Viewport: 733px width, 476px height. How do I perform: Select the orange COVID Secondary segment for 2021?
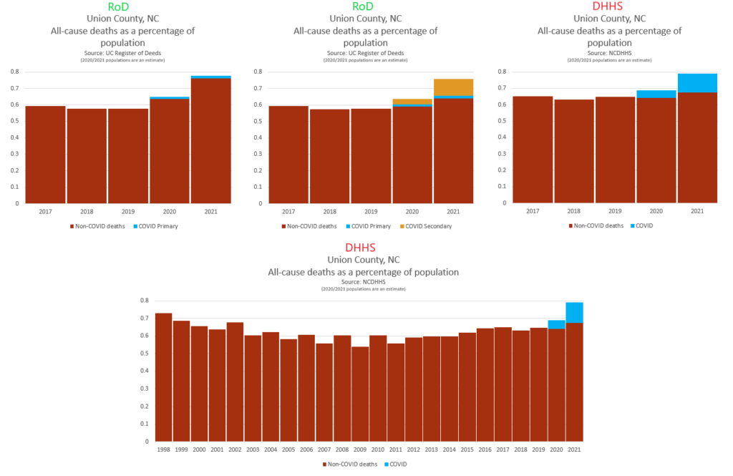(x=453, y=87)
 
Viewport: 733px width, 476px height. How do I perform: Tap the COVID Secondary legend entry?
(x=427, y=226)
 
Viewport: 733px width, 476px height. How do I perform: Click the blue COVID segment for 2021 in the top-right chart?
(x=697, y=83)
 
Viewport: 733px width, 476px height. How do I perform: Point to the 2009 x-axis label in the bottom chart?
(x=359, y=449)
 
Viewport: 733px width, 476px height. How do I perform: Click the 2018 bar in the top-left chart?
(x=87, y=156)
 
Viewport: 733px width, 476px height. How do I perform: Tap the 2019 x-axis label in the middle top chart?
(x=371, y=212)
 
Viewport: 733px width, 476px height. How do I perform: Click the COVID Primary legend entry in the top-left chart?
(x=155, y=226)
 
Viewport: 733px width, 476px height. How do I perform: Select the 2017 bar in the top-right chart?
(x=532, y=150)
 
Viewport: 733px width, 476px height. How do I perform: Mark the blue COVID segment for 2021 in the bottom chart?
(x=574, y=313)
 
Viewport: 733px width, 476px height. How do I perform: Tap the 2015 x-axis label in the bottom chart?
(x=467, y=449)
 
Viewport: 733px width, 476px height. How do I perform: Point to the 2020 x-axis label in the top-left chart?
(x=170, y=212)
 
